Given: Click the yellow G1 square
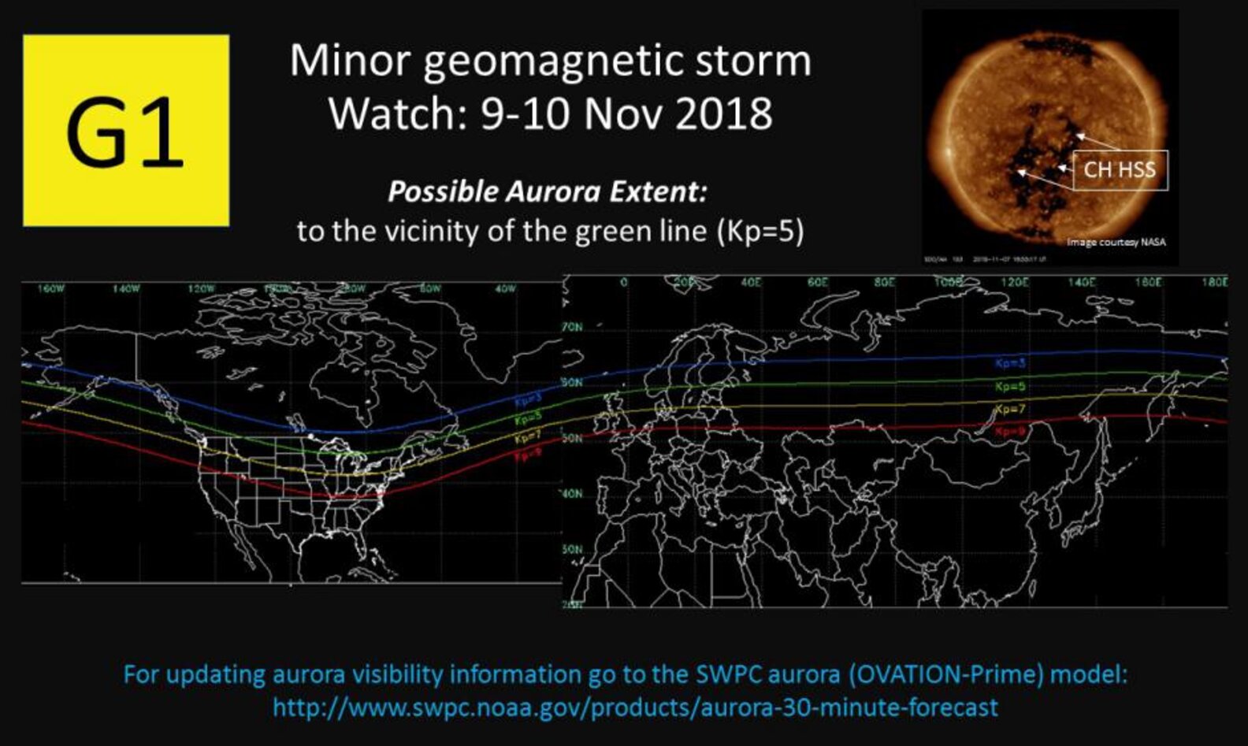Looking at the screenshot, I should pyautogui.click(x=126, y=131).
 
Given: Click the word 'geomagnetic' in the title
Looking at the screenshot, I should pyautogui.click(x=550, y=61).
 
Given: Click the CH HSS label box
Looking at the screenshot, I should pyautogui.click(x=1120, y=169).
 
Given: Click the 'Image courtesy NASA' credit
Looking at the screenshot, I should pyautogui.click(x=1116, y=242).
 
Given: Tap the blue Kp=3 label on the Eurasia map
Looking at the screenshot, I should pyautogui.click(x=1010, y=364).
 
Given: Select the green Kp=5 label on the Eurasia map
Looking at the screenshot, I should pyautogui.click(x=1010, y=387).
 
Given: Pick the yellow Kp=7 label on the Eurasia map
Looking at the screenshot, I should pyautogui.click(x=1010, y=410).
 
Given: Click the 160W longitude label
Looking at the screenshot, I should pyautogui.click(x=50, y=289).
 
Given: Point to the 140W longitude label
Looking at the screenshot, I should pyautogui.click(x=125, y=289).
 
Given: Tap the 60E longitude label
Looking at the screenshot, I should pyautogui.click(x=818, y=281).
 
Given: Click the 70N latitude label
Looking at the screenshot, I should pyautogui.click(x=573, y=326).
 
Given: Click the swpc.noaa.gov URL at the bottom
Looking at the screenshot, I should pyautogui.click(x=635, y=707).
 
